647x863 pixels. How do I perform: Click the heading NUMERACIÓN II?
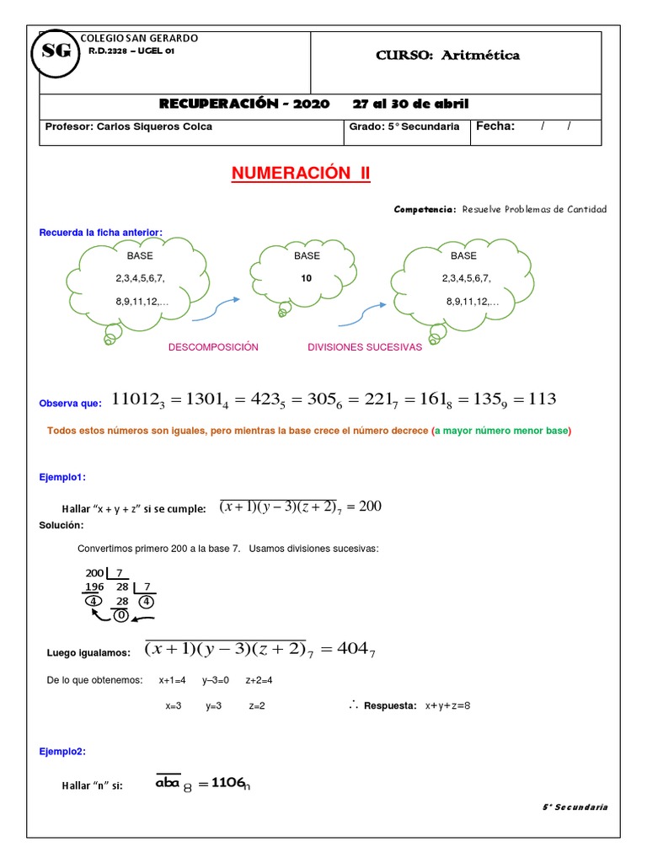click(301, 174)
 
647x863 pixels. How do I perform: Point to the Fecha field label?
click(495, 126)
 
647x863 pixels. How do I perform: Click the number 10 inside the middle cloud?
click(307, 278)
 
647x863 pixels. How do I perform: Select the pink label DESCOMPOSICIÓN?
click(214, 347)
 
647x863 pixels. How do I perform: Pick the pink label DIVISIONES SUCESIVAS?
click(365, 347)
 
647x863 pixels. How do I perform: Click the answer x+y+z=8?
click(447, 705)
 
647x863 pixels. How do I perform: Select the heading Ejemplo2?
click(62, 751)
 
